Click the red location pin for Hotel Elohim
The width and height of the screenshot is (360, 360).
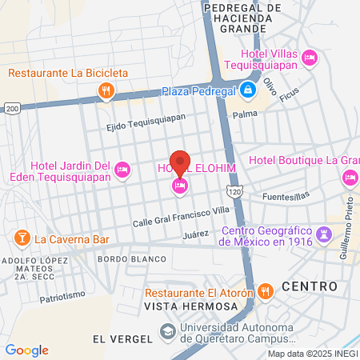tap(180, 163)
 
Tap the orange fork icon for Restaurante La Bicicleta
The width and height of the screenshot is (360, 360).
tap(106, 90)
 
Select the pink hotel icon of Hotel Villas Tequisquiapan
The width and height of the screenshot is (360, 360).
tap(310, 57)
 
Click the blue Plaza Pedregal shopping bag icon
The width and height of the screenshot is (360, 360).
tap(248, 90)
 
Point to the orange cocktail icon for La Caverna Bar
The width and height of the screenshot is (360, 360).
tap(22, 238)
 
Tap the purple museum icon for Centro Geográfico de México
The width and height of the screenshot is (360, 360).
tap(323, 234)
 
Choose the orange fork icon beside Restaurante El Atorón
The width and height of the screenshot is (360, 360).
tap(268, 292)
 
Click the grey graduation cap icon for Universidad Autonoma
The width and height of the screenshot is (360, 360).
tap(167, 330)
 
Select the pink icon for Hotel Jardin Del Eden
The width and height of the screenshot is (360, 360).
tap(122, 169)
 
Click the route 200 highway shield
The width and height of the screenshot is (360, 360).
tap(12, 107)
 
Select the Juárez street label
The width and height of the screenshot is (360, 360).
tap(195, 234)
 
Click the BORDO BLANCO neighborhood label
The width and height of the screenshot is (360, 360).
tap(132, 259)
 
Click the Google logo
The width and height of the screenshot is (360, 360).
tap(26, 350)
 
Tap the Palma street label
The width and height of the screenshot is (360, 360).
tap(244, 114)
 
